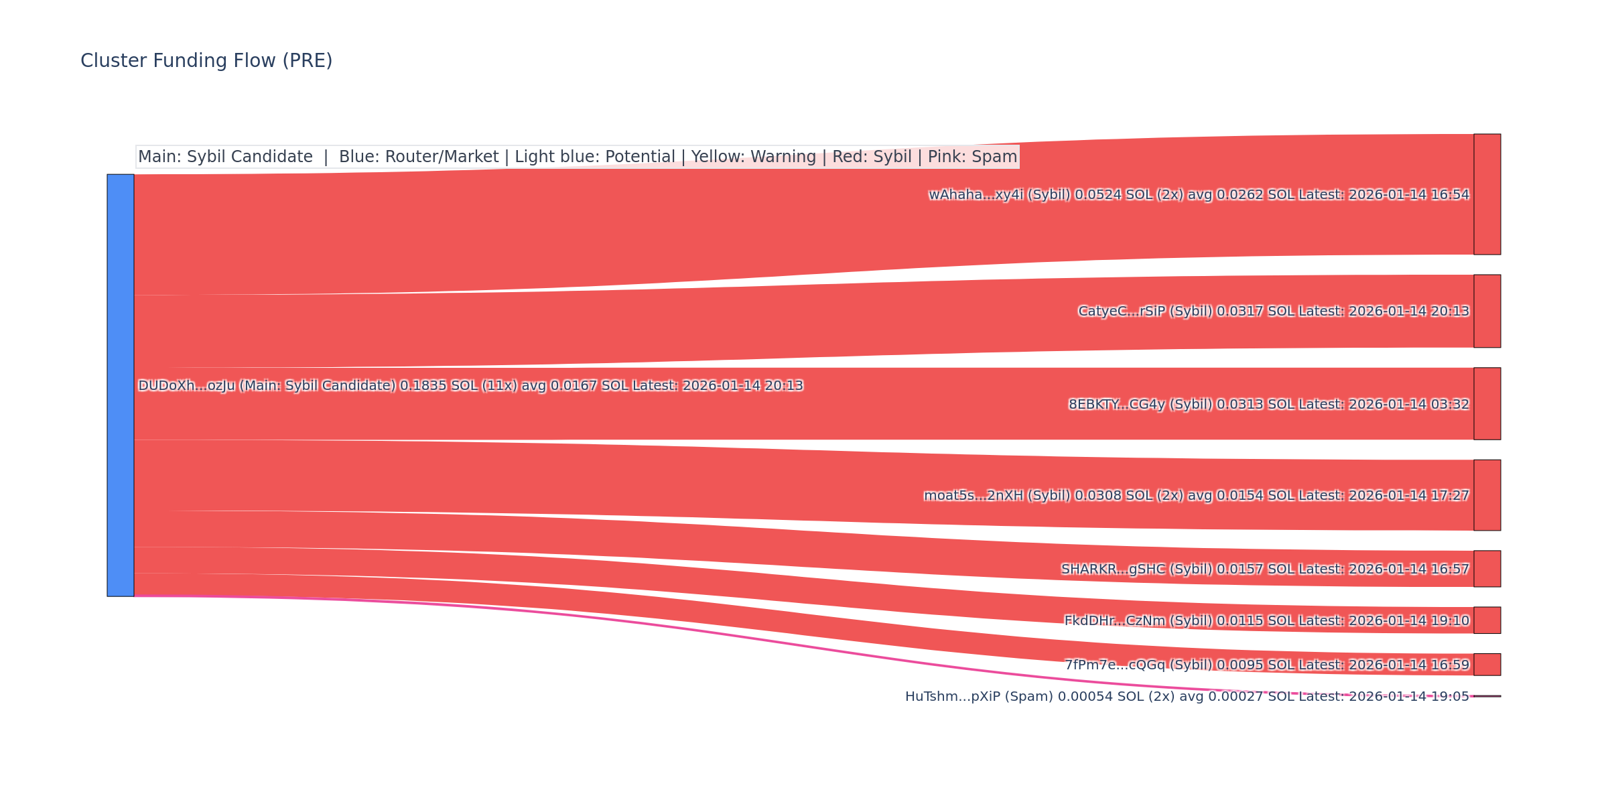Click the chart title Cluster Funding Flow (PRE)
[x=206, y=61]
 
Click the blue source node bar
[x=121, y=385]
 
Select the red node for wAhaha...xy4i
[x=1487, y=194]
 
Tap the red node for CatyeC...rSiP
[x=1487, y=311]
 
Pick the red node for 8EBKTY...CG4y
[x=1487, y=403]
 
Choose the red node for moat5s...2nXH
[x=1487, y=495]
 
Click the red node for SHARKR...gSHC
[x=1487, y=569]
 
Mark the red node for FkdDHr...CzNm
[x=1487, y=620]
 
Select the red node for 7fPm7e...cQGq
[x=1487, y=665]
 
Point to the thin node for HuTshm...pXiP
[x=1487, y=696]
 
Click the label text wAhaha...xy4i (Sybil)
[x=999, y=195]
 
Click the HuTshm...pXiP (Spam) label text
[x=979, y=697]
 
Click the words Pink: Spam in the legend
[x=972, y=157]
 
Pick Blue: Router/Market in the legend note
[x=419, y=157]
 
